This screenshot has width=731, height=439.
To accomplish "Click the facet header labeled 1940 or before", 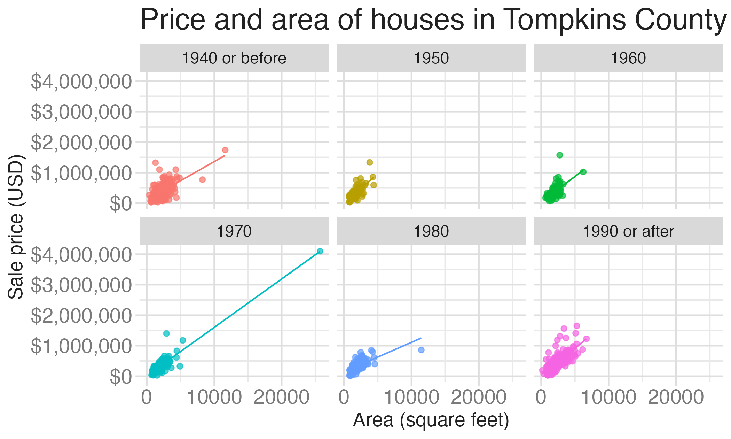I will click(x=234, y=58).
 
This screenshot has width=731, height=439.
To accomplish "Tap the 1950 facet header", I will click(x=431, y=58).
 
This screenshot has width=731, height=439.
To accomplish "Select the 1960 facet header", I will click(x=628, y=58).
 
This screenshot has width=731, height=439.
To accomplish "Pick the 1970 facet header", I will click(x=234, y=231).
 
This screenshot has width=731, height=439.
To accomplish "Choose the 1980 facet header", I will click(x=431, y=231).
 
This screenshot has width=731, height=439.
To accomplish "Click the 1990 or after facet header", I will click(x=628, y=231).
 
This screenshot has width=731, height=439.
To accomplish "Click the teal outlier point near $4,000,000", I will click(x=320, y=251).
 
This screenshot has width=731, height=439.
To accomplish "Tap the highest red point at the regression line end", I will click(x=225, y=150).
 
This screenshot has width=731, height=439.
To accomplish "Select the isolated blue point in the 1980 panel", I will click(x=421, y=350).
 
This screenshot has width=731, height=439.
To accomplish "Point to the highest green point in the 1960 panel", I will click(x=560, y=155).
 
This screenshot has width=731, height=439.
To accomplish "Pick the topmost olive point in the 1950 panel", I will click(x=370, y=162).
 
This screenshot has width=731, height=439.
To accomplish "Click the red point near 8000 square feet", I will click(x=202, y=180).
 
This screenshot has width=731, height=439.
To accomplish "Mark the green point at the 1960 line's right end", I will click(x=583, y=172).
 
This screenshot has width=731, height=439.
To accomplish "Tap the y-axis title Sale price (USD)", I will click(x=16, y=226).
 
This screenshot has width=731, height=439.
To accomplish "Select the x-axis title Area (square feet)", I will click(x=431, y=420).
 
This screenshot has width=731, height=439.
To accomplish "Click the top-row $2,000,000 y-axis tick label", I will click(x=81, y=143).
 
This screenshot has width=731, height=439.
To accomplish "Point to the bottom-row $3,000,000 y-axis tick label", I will click(x=81, y=285).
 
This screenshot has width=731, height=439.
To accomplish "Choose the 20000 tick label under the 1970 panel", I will click(x=281, y=398).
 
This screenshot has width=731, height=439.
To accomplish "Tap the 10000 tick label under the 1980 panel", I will click(x=411, y=398).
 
